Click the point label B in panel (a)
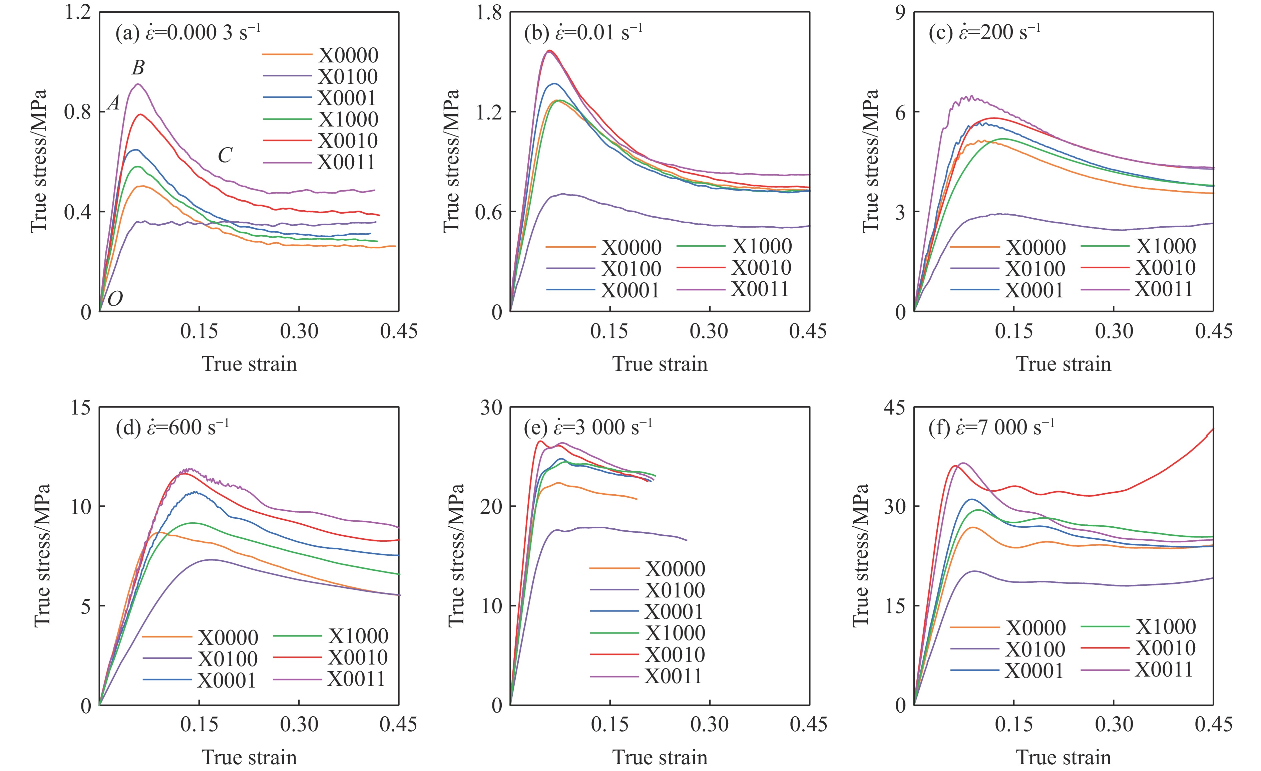point(138,68)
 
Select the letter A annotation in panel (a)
point(114,104)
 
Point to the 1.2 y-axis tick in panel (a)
point(77,12)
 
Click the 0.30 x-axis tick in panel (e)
point(709,724)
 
